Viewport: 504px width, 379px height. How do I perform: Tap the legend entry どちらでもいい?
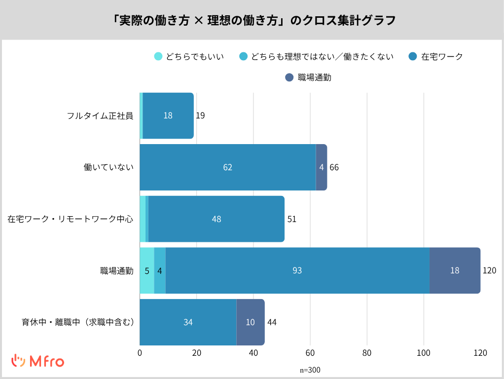point(189,56)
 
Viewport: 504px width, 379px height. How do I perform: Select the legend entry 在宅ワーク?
point(436,56)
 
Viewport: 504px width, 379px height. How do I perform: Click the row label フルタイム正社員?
point(100,116)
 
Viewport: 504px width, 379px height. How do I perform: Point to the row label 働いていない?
point(108,167)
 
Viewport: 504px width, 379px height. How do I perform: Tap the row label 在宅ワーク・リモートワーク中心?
point(70,219)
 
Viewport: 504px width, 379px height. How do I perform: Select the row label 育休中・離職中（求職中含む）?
point(77,322)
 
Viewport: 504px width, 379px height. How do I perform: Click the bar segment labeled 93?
point(297,270)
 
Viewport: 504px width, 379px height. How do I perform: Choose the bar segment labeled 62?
point(227,167)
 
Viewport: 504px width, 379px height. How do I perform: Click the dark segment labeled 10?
point(251,322)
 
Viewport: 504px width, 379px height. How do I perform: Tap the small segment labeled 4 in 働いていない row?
point(321,167)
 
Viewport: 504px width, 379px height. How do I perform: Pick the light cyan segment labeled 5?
point(147,270)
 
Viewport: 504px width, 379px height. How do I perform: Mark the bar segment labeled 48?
point(216,219)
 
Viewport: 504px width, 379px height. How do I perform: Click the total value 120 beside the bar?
point(489,270)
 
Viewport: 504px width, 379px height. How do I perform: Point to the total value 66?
point(334,167)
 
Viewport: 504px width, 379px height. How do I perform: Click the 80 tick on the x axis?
point(367,353)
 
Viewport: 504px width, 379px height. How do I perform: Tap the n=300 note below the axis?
point(310,370)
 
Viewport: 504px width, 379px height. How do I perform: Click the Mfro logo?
point(38,361)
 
